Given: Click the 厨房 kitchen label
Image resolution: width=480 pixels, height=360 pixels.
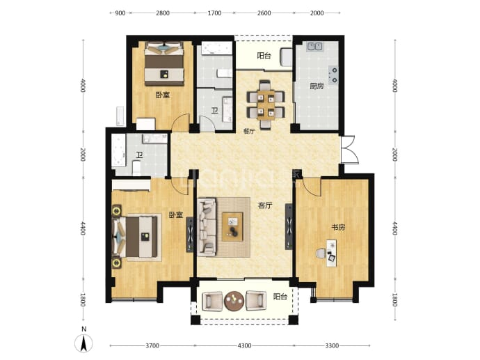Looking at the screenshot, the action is click(x=317, y=86).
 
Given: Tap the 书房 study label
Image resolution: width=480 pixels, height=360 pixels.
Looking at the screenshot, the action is click(x=338, y=227).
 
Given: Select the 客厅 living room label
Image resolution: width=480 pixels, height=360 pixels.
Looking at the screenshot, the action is click(x=265, y=205).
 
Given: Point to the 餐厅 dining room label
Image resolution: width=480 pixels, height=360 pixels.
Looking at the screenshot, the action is click(x=249, y=131).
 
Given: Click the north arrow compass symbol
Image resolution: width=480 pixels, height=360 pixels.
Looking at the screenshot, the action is click(x=84, y=343).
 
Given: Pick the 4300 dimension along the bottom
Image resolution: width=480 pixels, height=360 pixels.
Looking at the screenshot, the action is click(x=244, y=345).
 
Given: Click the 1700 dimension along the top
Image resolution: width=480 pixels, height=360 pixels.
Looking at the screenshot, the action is click(x=214, y=13).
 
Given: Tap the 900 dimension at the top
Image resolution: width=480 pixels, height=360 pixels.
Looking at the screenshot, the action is click(x=120, y=13).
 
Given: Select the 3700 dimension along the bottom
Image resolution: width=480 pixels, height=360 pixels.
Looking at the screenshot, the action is click(x=152, y=345).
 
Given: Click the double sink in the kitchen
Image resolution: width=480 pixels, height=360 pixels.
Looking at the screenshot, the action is click(x=314, y=47).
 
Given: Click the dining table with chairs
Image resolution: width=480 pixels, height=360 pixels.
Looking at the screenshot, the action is click(x=266, y=104).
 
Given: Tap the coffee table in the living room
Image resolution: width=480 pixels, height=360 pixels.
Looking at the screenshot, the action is click(x=232, y=227).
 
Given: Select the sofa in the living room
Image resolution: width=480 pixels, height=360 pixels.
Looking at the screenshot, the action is click(x=207, y=226).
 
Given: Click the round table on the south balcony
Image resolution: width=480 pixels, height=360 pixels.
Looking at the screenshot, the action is click(x=234, y=302).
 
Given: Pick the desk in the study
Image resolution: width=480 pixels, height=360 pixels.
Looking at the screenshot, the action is click(x=331, y=253).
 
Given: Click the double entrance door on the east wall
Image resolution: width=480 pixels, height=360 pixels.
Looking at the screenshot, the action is click(x=349, y=150).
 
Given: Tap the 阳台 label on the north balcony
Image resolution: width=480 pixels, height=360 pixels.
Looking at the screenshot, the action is click(x=264, y=56).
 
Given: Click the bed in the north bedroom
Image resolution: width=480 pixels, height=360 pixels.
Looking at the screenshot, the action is click(x=164, y=63).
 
